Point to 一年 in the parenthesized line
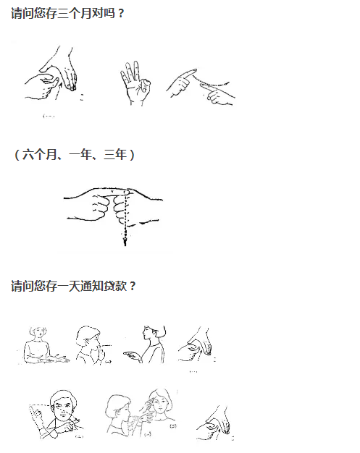click(80, 155)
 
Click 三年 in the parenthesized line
click(115, 155)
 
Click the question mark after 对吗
click(121, 13)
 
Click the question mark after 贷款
click(133, 287)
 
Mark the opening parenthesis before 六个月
click(17, 155)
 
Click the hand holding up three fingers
click(135, 83)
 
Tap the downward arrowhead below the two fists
click(125, 241)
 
